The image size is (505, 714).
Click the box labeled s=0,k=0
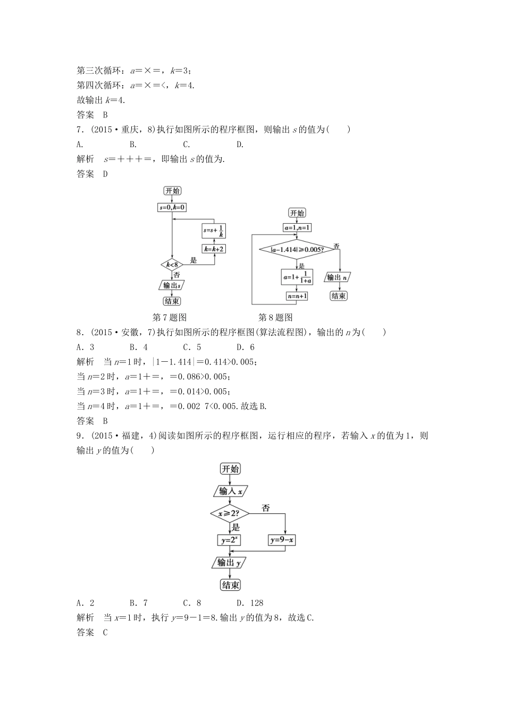[172, 208]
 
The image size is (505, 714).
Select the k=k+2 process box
[214, 248]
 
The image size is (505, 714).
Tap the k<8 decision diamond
[172, 264]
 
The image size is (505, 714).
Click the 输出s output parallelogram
[172, 285]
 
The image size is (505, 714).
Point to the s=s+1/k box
[214, 231]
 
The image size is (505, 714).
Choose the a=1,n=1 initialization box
[297, 228]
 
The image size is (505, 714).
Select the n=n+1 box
[297, 296]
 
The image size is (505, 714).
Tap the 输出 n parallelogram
[339, 277]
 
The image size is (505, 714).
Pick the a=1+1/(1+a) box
[297, 277]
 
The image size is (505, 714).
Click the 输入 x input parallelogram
[230, 491]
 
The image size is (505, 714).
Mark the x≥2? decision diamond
[230, 514]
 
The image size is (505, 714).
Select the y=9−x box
[282, 540]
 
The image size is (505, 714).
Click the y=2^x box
[230, 540]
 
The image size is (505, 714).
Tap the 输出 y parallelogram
[230, 563]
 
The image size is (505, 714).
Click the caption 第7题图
[170, 318]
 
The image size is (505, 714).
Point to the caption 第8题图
[275, 318]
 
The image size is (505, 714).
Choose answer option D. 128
[250, 603]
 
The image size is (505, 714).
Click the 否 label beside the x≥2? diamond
[266, 508]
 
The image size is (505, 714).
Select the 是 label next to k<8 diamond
[193, 260]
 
